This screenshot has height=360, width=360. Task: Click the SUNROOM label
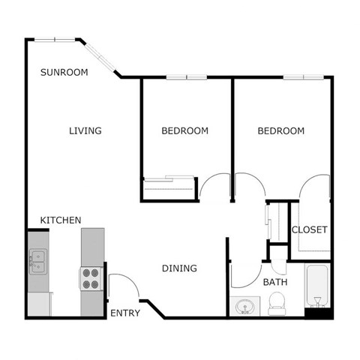click(x=64, y=73)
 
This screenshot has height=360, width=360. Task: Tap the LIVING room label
click(x=85, y=131)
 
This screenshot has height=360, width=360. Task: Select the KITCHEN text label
click(x=61, y=220)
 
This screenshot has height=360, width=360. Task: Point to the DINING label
click(x=180, y=268)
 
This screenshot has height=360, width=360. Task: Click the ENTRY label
click(x=125, y=313)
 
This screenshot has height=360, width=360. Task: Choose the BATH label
click(x=275, y=283)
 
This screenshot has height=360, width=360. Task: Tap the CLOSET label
click(x=309, y=229)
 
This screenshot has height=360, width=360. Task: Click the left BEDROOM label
click(x=184, y=131)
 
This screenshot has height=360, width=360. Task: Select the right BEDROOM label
click(x=281, y=131)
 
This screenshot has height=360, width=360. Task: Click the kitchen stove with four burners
click(x=91, y=278)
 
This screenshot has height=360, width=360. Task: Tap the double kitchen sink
click(x=36, y=261)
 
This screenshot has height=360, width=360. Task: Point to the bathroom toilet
click(x=276, y=303)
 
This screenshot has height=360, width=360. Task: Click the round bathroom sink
click(x=244, y=306)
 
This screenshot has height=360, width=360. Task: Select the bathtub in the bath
click(x=317, y=289)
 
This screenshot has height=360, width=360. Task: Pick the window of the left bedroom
click(x=186, y=77)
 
